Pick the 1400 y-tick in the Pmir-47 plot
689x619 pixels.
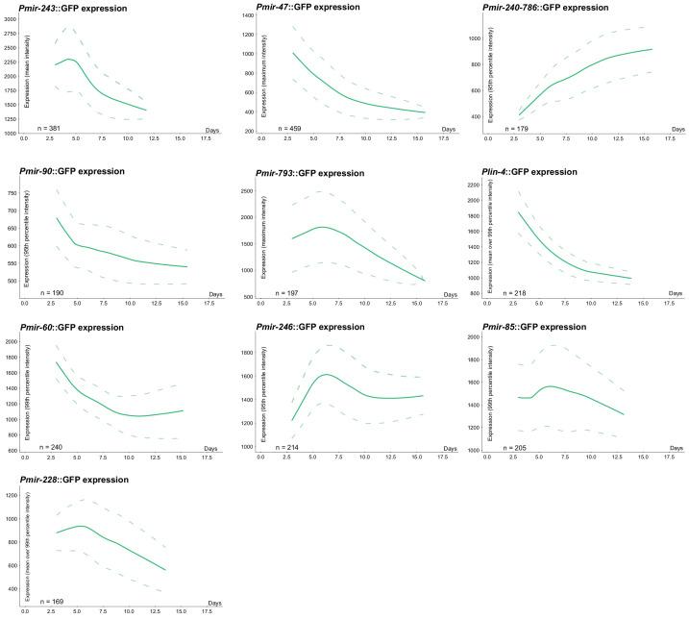point(245,16)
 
